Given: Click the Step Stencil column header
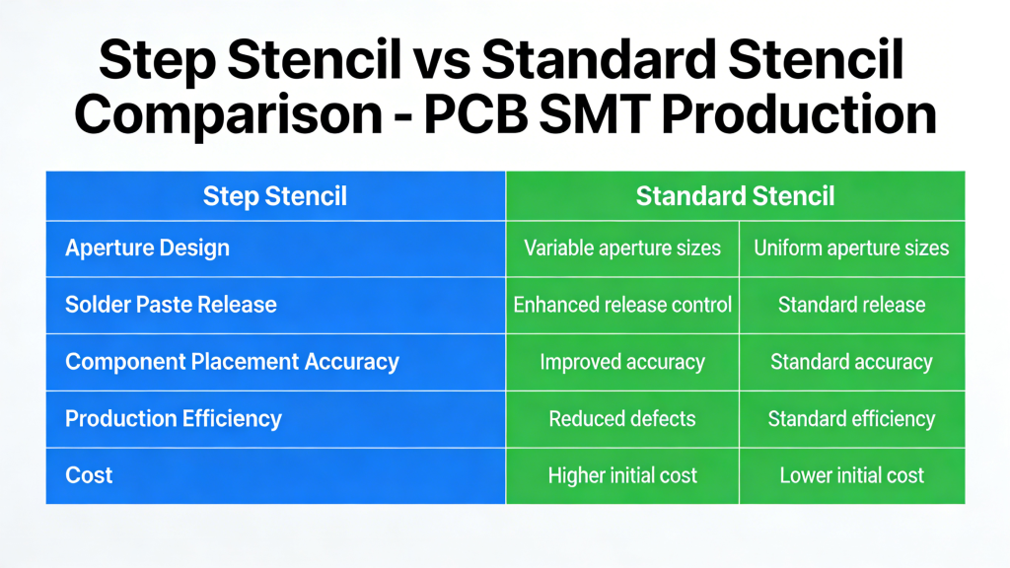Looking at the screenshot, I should tap(275, 196).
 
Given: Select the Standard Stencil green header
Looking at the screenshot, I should tap(735, 196).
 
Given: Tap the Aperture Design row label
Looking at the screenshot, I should tap(147, 248).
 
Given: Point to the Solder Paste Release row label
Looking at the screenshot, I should tap(171, 305).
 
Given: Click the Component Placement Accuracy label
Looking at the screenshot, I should tap(232, 361).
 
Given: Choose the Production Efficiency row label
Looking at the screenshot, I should tap(174, 418).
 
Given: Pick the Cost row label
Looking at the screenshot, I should tap(89, 475).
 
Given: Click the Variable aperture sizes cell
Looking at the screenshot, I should tap(622, 248).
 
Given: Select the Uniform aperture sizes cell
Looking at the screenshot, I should tap(851, 248).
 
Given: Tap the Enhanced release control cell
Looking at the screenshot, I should tap(622, 305).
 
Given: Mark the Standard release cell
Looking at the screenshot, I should tap(851, 305).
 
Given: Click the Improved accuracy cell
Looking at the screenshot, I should tap(622, 362).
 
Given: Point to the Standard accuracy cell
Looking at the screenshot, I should tap(851, 362).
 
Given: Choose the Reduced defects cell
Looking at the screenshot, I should tap(622, 418).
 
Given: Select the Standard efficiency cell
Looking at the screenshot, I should tap(851, 418).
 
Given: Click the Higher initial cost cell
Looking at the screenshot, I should tap(622, 475).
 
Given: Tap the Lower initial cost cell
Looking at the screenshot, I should tap(851, 475).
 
